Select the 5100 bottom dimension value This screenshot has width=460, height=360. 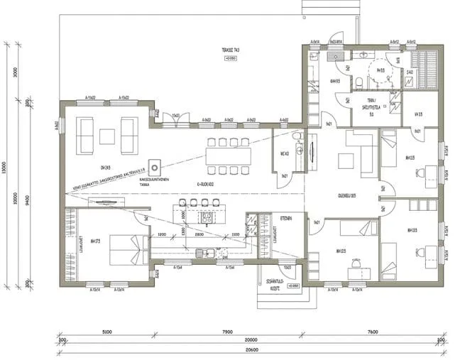(106, 331)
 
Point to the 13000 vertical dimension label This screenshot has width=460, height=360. (6, 170)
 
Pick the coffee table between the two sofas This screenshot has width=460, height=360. (107, 134)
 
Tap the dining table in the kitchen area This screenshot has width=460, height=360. (228, 157)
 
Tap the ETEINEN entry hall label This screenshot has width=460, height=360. (285, 219)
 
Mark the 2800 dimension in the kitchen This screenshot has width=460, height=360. (199, 234)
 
